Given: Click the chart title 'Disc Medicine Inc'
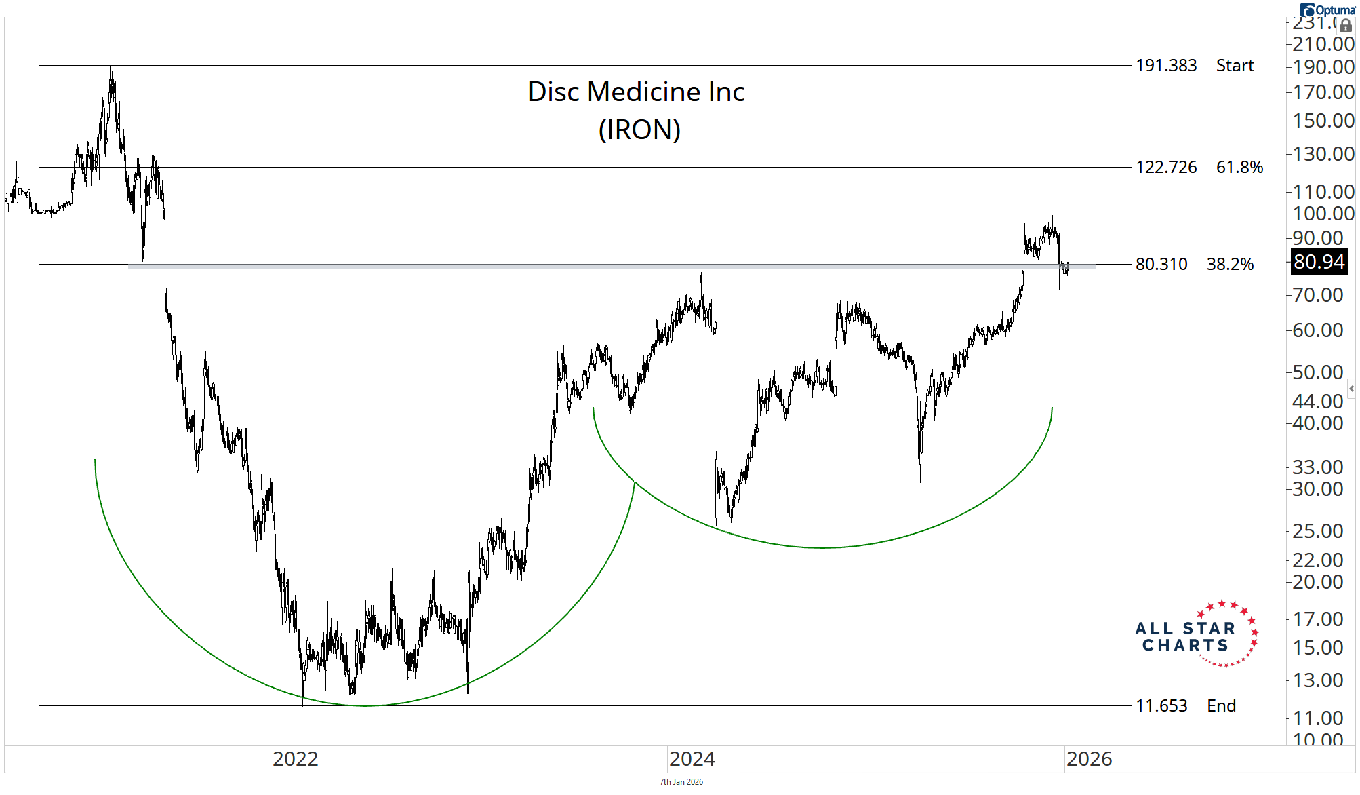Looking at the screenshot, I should (x=636, y=92).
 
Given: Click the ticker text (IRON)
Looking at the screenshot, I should (x=639, y=130).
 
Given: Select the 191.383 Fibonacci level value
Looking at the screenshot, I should (x=1166, y=66).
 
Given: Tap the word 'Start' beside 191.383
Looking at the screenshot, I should (x=1235, y=66).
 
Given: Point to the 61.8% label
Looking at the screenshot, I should (x=1239, y=168).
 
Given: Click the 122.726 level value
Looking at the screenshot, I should (x=1166, y=168).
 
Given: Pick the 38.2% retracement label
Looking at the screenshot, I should (x=1230, y=265).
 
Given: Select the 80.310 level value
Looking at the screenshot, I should (x=1161, y=265).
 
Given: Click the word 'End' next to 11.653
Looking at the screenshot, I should (x=1221, y=706).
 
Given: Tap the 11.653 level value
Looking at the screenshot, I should (x=1161, y=706).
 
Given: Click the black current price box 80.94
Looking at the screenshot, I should (x=1319, y=262).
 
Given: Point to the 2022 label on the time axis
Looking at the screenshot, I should (x=295, y=759).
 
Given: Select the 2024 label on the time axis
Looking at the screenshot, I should (x=692, y=759).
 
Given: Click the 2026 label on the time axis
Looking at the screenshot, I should (x=1089, y=759).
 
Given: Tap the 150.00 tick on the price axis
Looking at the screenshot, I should (x=1323, y=121).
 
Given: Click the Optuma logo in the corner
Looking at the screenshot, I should (x=1327, y=10).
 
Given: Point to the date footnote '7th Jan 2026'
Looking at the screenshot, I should (x=681, y=782).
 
